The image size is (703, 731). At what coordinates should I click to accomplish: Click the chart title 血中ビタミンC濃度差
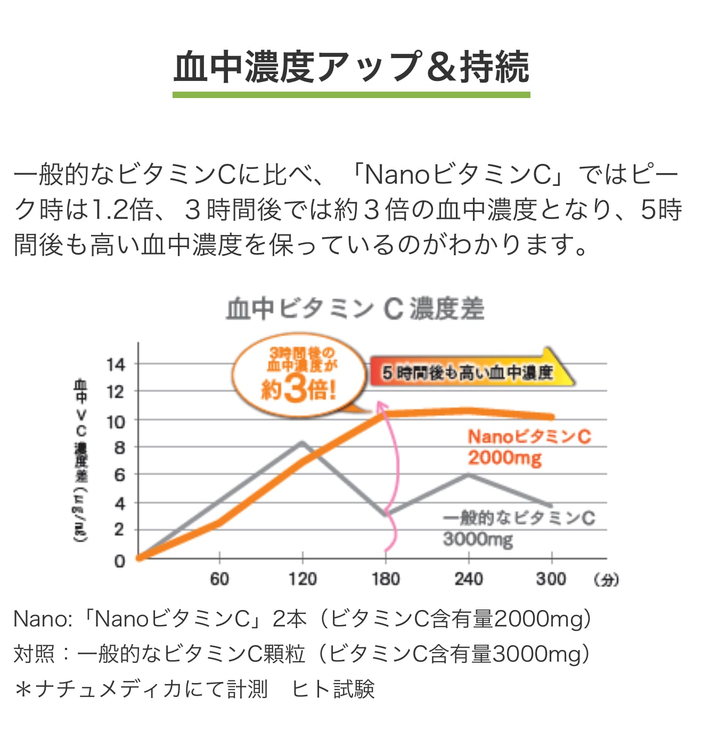(x=355, y=309)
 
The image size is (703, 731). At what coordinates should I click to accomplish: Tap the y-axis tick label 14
(x=116, y=365)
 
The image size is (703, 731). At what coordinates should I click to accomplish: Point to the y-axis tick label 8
(x=120, y=448)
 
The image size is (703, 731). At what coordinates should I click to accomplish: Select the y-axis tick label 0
(x=120, y=561)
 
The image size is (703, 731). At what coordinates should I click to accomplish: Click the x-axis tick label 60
(x=219, y=579)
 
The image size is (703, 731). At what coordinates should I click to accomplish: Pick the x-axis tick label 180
(x=386, y=579)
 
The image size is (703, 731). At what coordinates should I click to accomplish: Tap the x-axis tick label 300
(x=551, y=579)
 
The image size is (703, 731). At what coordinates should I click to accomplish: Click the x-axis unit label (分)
(x=607, y=580)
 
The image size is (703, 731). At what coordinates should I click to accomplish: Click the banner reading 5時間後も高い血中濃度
(x=469, y=372)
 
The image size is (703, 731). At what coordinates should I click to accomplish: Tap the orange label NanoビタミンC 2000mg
(x=529, y=447)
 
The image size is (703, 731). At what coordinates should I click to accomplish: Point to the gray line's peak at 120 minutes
(x=303, y=442)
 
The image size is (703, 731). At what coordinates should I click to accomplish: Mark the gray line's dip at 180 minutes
(x=386, y=514)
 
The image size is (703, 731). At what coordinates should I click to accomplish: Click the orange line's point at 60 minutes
(x=219, y=523)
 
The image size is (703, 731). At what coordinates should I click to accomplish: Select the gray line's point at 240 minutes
(x=468, y=474)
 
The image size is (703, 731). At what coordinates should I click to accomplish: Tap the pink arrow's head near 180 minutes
(x=381, y=408)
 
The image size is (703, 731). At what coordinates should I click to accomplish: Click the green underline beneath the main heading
(x=351, y=95)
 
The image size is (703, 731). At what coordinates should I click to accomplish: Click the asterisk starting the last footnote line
(x=23, y=689)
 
